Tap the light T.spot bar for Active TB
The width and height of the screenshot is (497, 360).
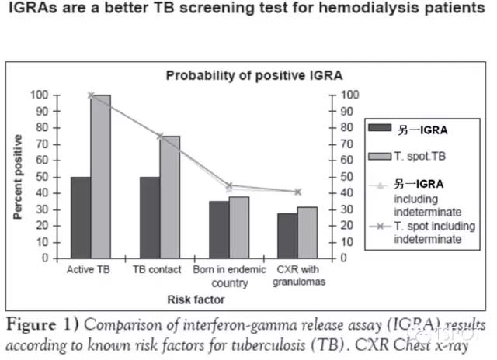[101, 176]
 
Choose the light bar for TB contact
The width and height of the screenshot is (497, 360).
[169, 197]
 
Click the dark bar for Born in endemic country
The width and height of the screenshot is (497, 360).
[219, 230]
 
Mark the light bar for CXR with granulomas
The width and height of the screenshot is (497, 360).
[308, 232]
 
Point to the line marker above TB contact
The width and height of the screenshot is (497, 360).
[159, 136]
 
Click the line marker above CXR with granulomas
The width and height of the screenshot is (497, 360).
[297, 192]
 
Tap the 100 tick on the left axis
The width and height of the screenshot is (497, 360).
[36, 95]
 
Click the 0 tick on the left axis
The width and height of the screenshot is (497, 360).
[43, 258]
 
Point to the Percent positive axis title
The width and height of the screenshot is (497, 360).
[17, 177]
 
